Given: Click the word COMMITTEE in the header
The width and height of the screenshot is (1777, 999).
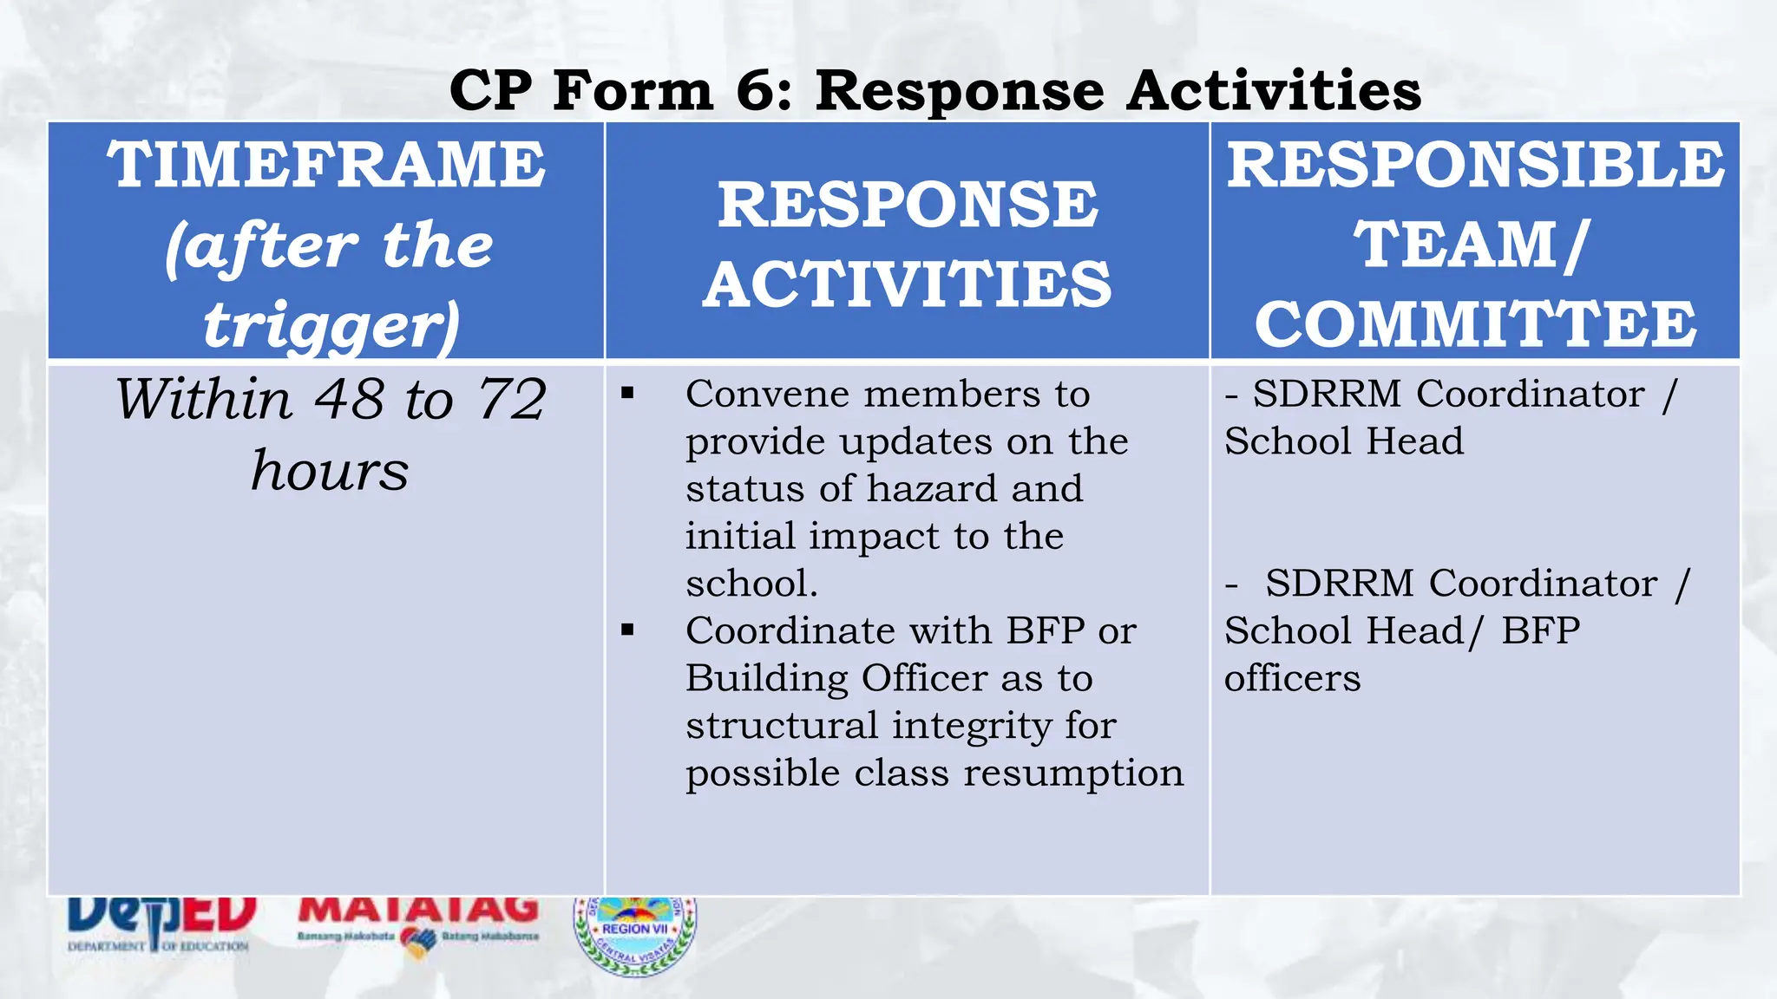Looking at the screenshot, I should [x=1475, y=324].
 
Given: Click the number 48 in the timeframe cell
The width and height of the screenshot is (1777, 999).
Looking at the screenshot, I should [x=349, y=400].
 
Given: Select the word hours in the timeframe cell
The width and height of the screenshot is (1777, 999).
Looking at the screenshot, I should [x=330, y=471].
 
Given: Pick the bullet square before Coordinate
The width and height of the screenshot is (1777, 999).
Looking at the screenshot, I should [x=627, y=630].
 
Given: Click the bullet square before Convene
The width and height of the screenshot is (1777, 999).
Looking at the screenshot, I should [x=627, y=395].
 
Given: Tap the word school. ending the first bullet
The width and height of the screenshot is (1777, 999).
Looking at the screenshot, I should [x=751, y=584].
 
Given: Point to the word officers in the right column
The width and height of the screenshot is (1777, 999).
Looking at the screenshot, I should [x=1292, y=678].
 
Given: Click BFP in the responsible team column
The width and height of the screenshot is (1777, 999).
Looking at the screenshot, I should [x=1541, y=630].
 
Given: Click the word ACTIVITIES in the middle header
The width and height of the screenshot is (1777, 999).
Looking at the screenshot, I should [x=907, y=285].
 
